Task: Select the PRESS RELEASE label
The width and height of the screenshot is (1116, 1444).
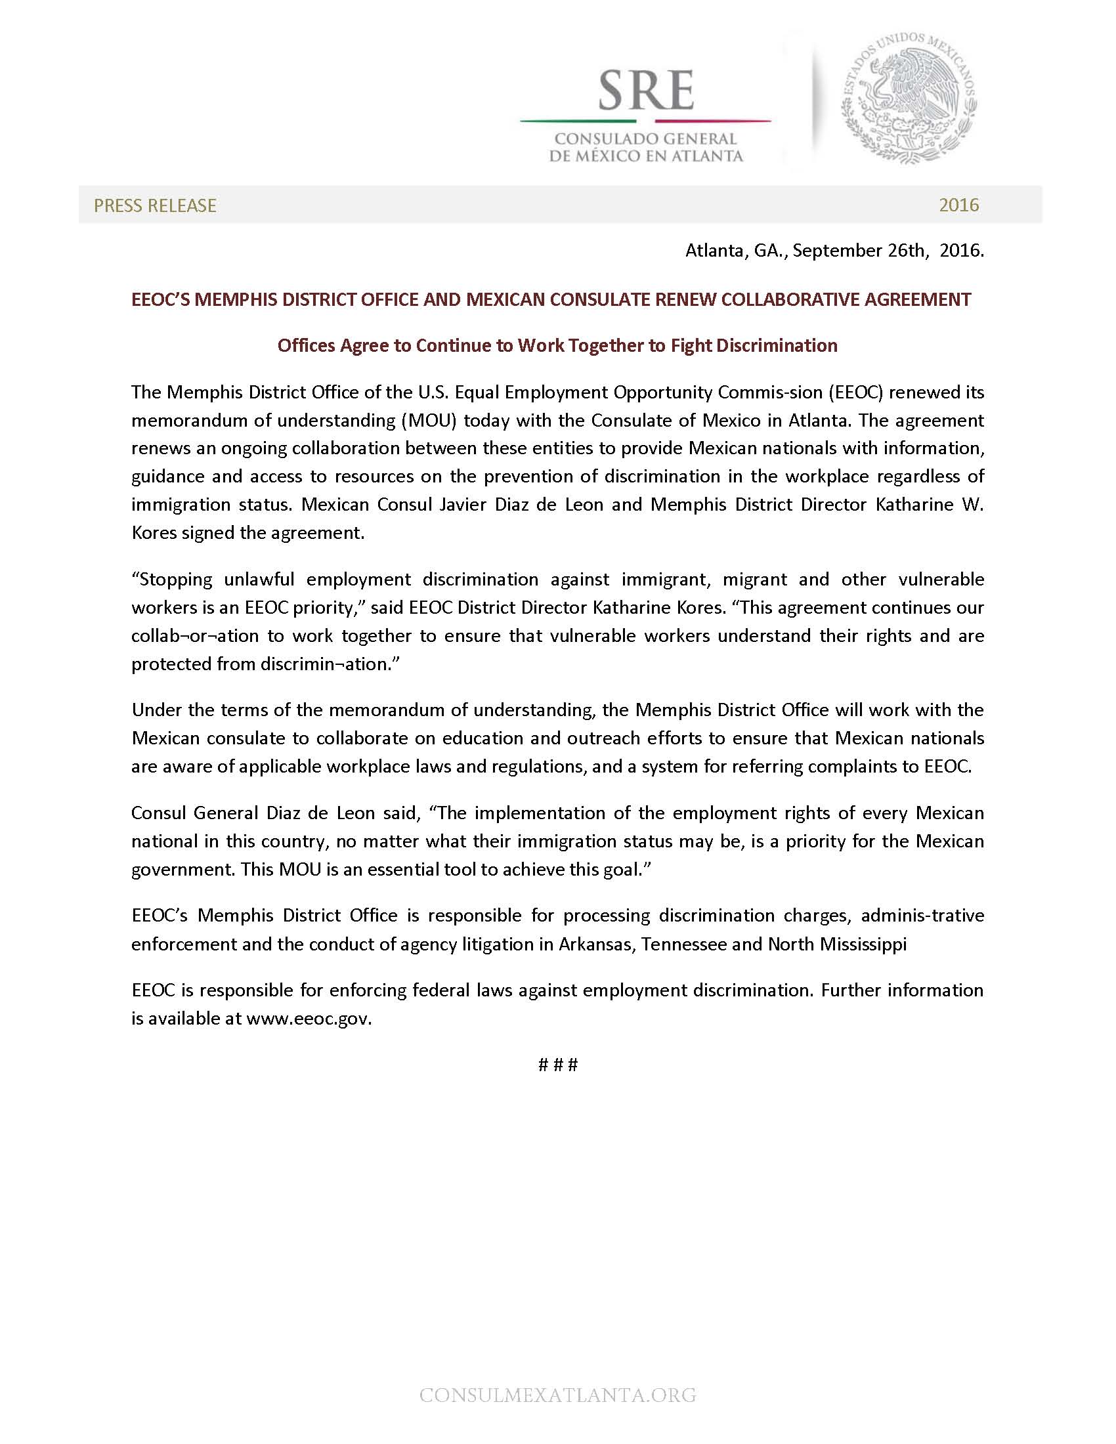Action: click(x=155, y=205)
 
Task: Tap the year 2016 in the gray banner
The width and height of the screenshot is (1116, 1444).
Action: click(x=958, y=205)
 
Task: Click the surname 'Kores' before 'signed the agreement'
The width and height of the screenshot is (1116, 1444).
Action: click(x=154, y=533)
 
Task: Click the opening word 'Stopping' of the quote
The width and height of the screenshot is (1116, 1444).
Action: click(x=173, y=579)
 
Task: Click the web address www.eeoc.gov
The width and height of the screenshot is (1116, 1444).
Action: click(x=309, y=1018)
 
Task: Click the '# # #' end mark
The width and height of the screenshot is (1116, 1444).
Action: click(x=558, y=1065)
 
